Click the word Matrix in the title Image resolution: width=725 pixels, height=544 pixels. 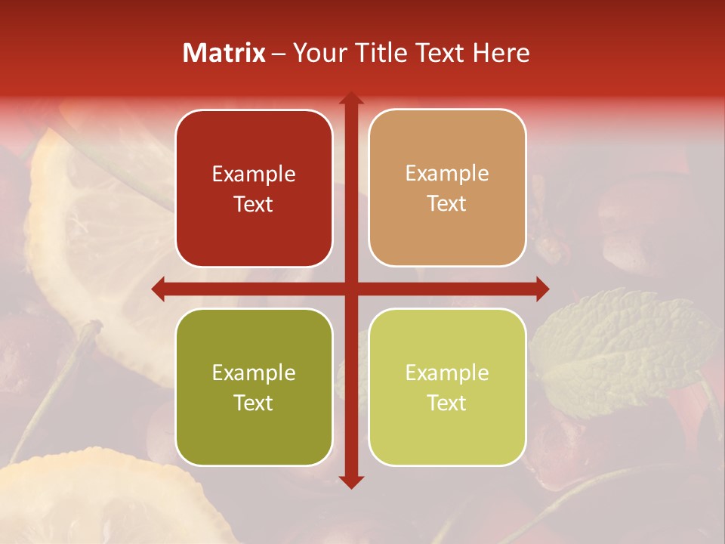224,53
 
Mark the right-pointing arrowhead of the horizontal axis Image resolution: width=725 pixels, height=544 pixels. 541,289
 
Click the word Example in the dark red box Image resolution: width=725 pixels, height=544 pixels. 254,175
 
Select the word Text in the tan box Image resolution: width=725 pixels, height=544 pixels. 447,204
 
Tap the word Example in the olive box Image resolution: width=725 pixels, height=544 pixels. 254,373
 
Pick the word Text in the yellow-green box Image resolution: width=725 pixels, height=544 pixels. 447,403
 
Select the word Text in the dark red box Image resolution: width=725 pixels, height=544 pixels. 254,204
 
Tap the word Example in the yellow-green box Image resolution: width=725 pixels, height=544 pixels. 447,373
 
